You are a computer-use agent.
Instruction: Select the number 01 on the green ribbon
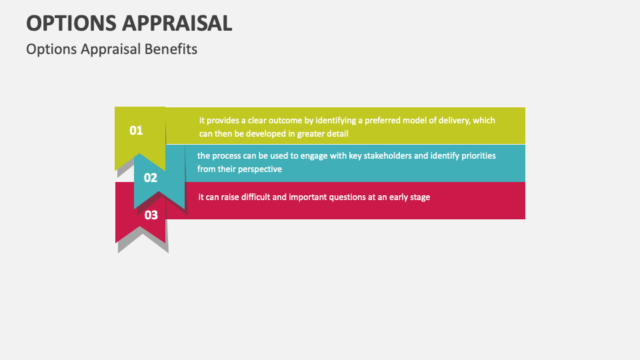tap(136, 131)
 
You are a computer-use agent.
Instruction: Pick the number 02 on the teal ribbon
tap(151, 178)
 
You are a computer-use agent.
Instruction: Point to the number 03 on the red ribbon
tap(151, 215)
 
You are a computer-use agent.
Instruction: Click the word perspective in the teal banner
tap(255, 169)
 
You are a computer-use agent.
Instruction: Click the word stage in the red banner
tap(419, 197)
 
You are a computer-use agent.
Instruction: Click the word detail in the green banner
tap(337, 133)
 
